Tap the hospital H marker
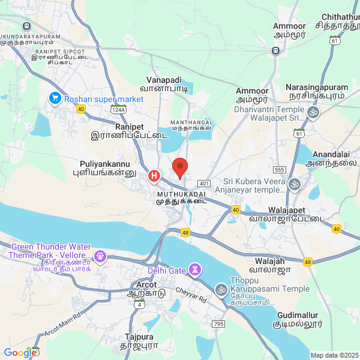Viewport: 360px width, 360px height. (154, 176)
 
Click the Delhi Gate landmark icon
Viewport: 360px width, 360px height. (194, 271)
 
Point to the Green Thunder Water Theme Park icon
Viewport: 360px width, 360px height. (100, 257)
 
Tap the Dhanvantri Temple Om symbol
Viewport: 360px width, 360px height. (312, 113)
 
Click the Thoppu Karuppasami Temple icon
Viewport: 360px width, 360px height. (221, 290)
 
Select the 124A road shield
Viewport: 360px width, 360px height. (118, 110)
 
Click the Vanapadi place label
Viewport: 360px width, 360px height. (164, 80)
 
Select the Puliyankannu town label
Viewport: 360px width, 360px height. (105, 163)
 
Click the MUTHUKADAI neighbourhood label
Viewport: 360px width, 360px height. (181, 195)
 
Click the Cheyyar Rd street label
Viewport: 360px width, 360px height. (191, 294)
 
